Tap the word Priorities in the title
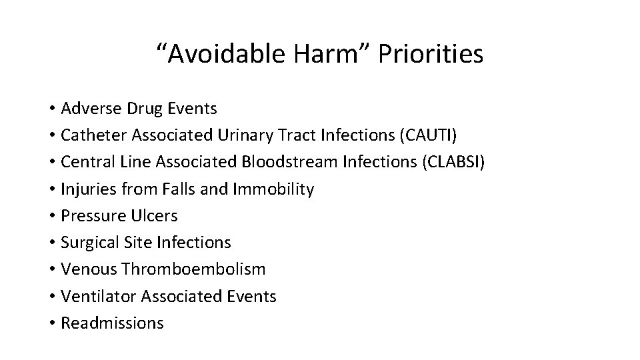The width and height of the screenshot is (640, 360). click(x=430, y=55)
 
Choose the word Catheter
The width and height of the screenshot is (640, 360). click(x=93, y=135)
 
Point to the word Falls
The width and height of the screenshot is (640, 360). click(x=179, y=189)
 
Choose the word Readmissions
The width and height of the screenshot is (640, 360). click(x=111, y=323)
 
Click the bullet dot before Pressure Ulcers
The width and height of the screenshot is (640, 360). click(x=51, y=217)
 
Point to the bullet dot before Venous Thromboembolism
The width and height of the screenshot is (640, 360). click(x=51, y=270)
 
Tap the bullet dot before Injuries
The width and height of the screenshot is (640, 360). click(x=51, y=190)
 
